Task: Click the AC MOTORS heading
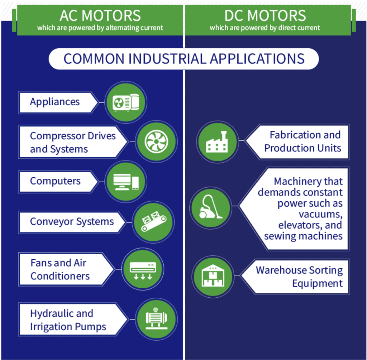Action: [x=100, y=16]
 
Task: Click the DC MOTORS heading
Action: [x=265, y=16]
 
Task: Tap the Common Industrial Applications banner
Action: [x=183, y=59]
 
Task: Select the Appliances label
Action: [x=55, y=102]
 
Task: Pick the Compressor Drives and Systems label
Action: [x=73, y=142]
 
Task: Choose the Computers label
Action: [x=55, y=181]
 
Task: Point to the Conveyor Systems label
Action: [x=72, y=222]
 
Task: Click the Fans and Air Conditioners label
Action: [x=59, y=269]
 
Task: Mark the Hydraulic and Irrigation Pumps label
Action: [x=68, y=320]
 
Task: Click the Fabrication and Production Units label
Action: [x=302, y=141]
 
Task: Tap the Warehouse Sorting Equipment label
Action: [x=299, y=277]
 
